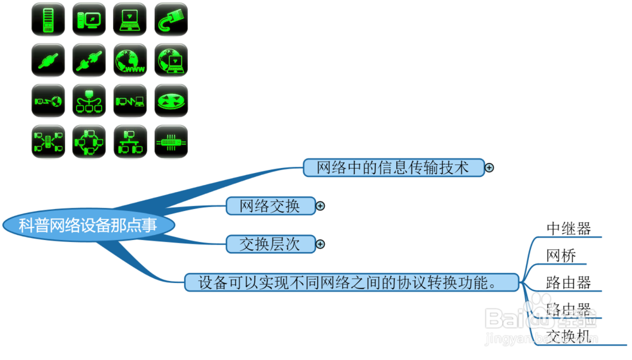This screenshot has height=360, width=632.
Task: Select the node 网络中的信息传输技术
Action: [393, 167]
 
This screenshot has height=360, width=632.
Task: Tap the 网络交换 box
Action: [270, 206]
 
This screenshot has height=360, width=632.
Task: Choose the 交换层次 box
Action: [270, 244]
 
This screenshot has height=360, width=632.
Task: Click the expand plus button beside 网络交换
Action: [320, 206]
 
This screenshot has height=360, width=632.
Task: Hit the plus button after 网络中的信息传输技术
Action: [489, 167]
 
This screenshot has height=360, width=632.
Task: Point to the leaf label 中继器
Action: [569, 228]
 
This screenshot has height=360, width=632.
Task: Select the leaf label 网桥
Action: [561, 256]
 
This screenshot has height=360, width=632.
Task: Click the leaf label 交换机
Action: [569, 336]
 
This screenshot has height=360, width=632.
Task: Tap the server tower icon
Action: [48, 20]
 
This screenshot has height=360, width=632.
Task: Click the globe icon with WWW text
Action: [130, 61]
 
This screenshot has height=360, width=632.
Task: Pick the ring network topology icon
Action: [89, 141]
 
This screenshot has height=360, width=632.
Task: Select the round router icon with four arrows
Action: [171, 101]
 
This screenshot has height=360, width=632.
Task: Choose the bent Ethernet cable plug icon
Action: [171, 20]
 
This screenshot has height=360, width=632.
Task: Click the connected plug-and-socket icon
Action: [89, 61]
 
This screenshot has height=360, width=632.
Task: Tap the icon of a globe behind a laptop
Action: [171, 61]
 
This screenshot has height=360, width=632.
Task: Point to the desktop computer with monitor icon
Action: [89, 20]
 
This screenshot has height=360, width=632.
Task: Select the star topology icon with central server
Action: [48, 141]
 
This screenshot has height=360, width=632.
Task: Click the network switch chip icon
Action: [171, 141]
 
